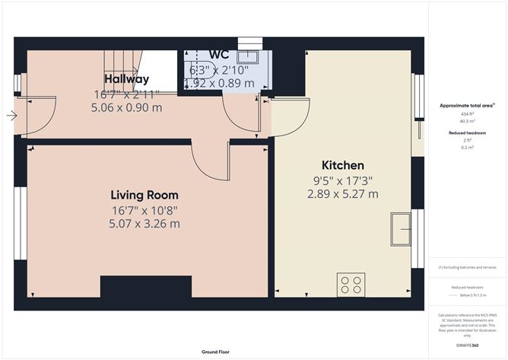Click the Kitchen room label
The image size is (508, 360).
click(342, 165)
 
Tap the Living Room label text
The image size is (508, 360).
click(144, 195)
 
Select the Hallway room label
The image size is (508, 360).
click(127, 79)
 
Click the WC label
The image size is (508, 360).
click(219, 56)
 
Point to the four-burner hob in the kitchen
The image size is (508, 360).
click(351, 285)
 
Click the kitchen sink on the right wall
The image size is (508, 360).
click(401, 228)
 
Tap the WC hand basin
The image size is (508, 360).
click(248, 57)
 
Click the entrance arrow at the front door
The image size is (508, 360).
click(11, 116)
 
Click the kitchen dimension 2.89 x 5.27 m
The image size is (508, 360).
click(342, 194)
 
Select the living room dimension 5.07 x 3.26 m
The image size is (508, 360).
click(144, 223)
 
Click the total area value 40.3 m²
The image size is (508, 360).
click(466, 120)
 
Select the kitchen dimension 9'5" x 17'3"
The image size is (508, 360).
click(342, 180)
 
